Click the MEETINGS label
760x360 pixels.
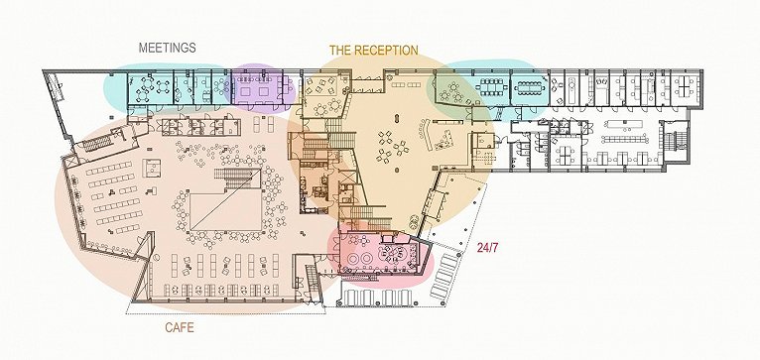(x=168, y=48)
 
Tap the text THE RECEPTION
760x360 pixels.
(x=374, y=50)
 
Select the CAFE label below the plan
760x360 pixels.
(x=180, y=327)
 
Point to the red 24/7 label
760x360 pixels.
(x=487, y=248)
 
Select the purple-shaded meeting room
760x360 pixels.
(x=256, y=88)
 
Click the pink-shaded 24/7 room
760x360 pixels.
(x=380, y=255)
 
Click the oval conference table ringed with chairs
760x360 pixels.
(x=531, y=88)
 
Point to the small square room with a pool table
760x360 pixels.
(x=151, y=169)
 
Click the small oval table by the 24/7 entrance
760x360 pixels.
(x=414, y=221)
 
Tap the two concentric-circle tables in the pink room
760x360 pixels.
(x=359, y=258)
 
